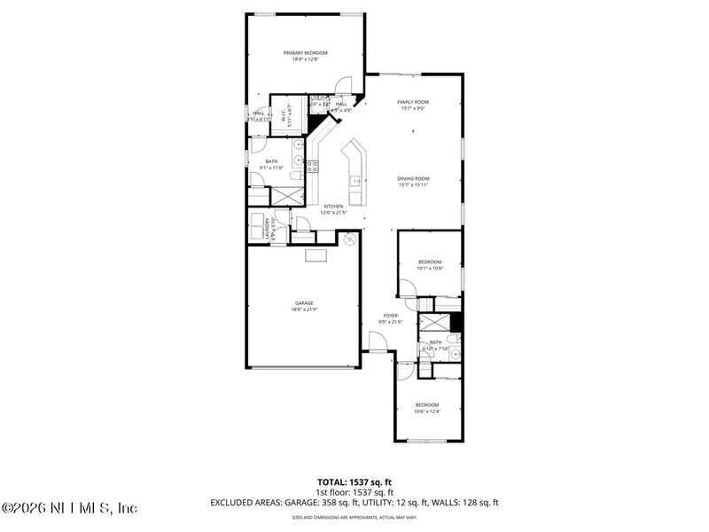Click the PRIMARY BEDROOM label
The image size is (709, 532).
coord(306,53)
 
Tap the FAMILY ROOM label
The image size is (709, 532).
coord(413,102)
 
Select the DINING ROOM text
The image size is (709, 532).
coord(413,179)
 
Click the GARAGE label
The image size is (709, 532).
coord(304,303)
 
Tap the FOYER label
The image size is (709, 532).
coord(390,316)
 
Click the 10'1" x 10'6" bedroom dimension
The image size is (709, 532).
coord(430,268)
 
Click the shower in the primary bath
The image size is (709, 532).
coord(286,195)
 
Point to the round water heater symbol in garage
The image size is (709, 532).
coord(349,239)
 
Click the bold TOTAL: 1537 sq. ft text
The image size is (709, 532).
coord(354,483)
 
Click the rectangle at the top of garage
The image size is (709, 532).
coord(316,256)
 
